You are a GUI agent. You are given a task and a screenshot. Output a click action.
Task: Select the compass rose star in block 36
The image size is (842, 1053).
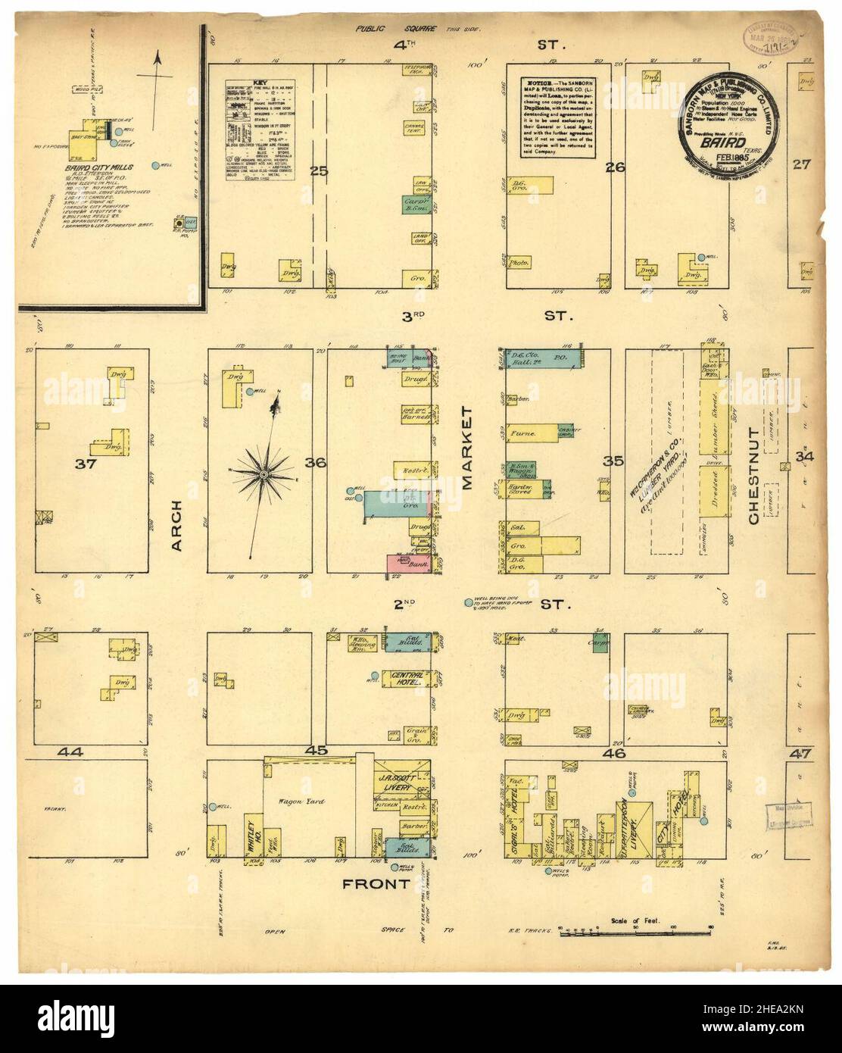263,473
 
